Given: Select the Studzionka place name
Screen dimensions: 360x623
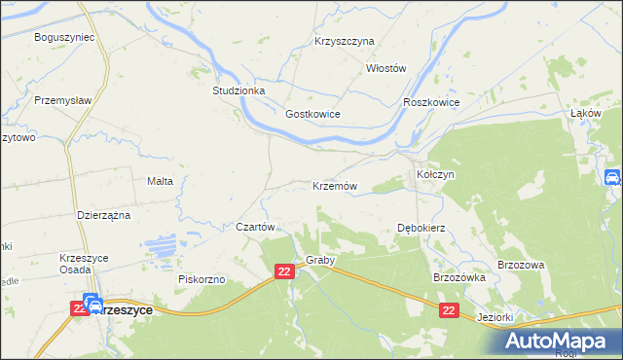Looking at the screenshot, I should [238, 90].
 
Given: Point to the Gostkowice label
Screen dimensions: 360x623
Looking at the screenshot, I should [312, 114].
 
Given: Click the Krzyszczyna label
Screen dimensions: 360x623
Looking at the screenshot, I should [345, 42].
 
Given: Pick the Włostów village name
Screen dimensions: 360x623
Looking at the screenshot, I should [385, 68].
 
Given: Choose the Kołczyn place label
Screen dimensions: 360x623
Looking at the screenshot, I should [436, 174].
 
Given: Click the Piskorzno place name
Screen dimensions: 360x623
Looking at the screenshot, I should [202, 279].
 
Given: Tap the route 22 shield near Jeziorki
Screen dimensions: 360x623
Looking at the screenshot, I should [448, 309].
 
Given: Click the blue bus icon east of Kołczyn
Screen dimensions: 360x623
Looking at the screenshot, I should [612, 177].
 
